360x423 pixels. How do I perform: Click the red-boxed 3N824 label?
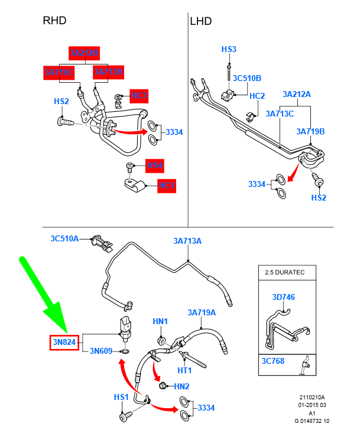point(63,341)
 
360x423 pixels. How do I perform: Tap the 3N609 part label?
point(101,351)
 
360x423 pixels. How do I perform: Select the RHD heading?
point(54,21)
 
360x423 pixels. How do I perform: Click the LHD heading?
point(201,21)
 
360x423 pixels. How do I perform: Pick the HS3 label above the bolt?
point(229,49)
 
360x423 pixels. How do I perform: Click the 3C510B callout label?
point(247,79)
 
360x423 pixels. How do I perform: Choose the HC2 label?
point(257,96)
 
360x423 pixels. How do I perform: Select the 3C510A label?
point(64,238)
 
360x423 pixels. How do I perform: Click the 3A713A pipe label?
point(187,241)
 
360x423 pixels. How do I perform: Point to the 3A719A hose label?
point(202,312)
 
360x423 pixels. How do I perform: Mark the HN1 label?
point(161,321)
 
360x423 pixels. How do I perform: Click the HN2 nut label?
point(182,386)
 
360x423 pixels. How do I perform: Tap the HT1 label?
point(185,370)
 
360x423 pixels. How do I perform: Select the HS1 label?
point(122,396)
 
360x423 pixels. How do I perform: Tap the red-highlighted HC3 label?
point(138,95)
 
